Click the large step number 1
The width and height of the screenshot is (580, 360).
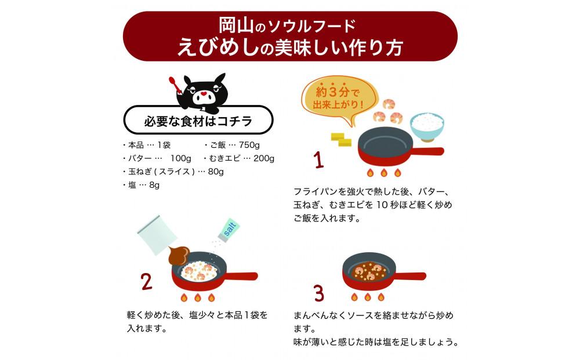click(318, 159)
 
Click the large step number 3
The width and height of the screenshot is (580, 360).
click(318, 293)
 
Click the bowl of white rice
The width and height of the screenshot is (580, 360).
click(427, 126)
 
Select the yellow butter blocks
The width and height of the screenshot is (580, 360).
click(341, 139)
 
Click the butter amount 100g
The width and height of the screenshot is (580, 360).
click(181, 158)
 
